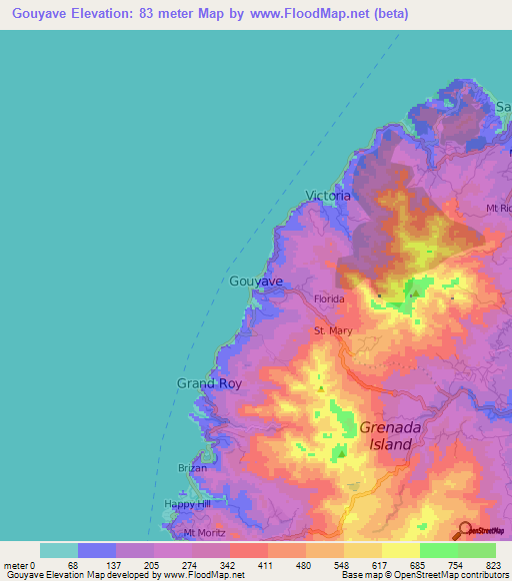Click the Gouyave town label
tap(256, 282)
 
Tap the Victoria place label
tap(328, 196)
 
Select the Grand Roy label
tap(209, 383)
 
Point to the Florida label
tap(329, 298)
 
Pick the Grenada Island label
tap(385, 434)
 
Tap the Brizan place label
tap(192, 468)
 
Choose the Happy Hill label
tap(187, 504)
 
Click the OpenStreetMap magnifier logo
tap(465, 529)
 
